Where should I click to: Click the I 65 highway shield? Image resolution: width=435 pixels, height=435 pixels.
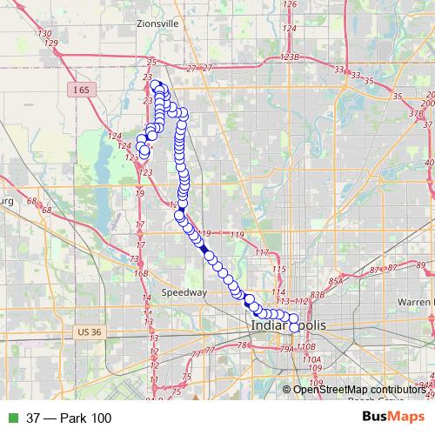(81, 90)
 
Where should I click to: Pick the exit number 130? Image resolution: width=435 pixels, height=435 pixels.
(45, 33)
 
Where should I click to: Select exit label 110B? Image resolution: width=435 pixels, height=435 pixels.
(304, 347)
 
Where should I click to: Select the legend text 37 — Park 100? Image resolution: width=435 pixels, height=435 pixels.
(69, 418)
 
